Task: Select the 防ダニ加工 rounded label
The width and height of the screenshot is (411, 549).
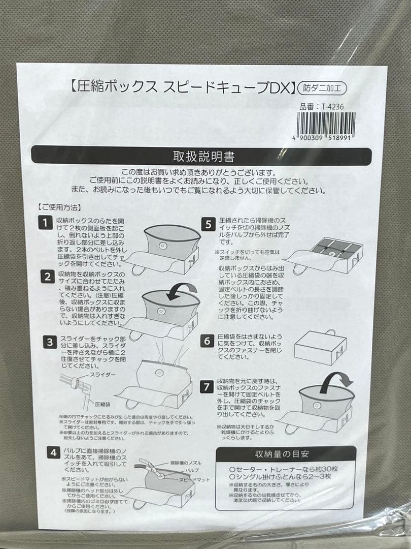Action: (x=322, y=87)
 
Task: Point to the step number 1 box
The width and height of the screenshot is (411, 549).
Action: (x=46, y=222)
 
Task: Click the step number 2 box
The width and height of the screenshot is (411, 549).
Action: (x=47, y=277)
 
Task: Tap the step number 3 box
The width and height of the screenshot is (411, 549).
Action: (x=49, y=342)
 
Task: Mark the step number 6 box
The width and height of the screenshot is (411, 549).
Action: (x=208, y=341)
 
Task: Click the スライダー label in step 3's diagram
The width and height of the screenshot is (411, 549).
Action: (x=102, y=374)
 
